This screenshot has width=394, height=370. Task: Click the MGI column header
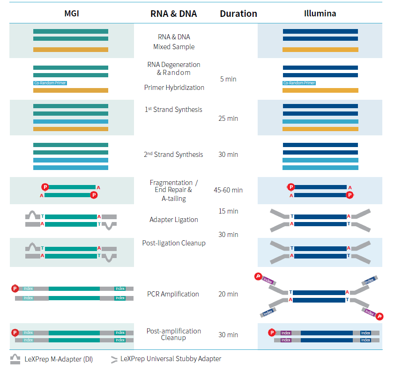coord(71,13)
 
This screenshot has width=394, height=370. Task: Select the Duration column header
coord(238,14)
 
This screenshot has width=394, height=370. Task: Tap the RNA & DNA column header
coord(173,14)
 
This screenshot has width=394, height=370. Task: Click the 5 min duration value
coord(228,79)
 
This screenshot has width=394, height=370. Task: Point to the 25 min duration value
coord(228,118)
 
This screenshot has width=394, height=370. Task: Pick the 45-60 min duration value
coord(228,190)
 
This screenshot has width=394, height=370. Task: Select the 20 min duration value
coord(228,294)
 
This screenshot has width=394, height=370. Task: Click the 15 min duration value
coord(228,211)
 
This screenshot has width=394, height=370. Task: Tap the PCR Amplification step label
coord(173,294)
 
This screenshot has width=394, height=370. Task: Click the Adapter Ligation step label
coord(173,220)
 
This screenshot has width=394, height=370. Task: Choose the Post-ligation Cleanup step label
coord(173,243)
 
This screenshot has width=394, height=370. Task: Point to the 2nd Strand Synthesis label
coord(173,155)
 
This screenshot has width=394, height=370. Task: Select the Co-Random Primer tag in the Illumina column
coord(299,83)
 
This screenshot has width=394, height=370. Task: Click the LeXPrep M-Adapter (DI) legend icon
coord(15,359)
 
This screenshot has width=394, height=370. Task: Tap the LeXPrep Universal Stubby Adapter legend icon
coord(114,360)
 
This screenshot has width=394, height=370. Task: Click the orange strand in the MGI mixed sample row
coord(71,49)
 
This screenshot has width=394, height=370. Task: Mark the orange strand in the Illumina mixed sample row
coord(320,49)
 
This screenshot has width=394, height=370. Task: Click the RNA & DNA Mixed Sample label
coord(173,42)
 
